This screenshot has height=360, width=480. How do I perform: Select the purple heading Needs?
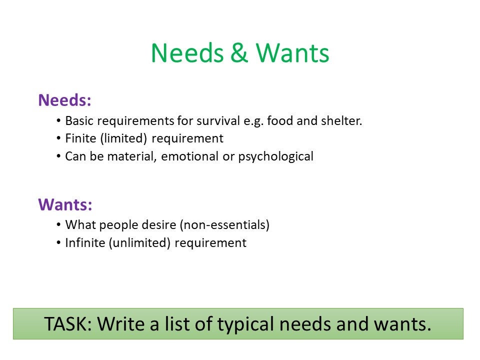point(64,100)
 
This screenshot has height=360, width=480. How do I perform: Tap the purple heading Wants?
point(65,204)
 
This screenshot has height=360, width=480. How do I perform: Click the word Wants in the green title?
point(292,53)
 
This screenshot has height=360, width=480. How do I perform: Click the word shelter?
point(344,121)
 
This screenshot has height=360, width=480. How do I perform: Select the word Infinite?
point(84,243)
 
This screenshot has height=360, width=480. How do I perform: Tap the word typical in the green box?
point(245,324)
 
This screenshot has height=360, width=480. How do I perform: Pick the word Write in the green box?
point(120,324)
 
